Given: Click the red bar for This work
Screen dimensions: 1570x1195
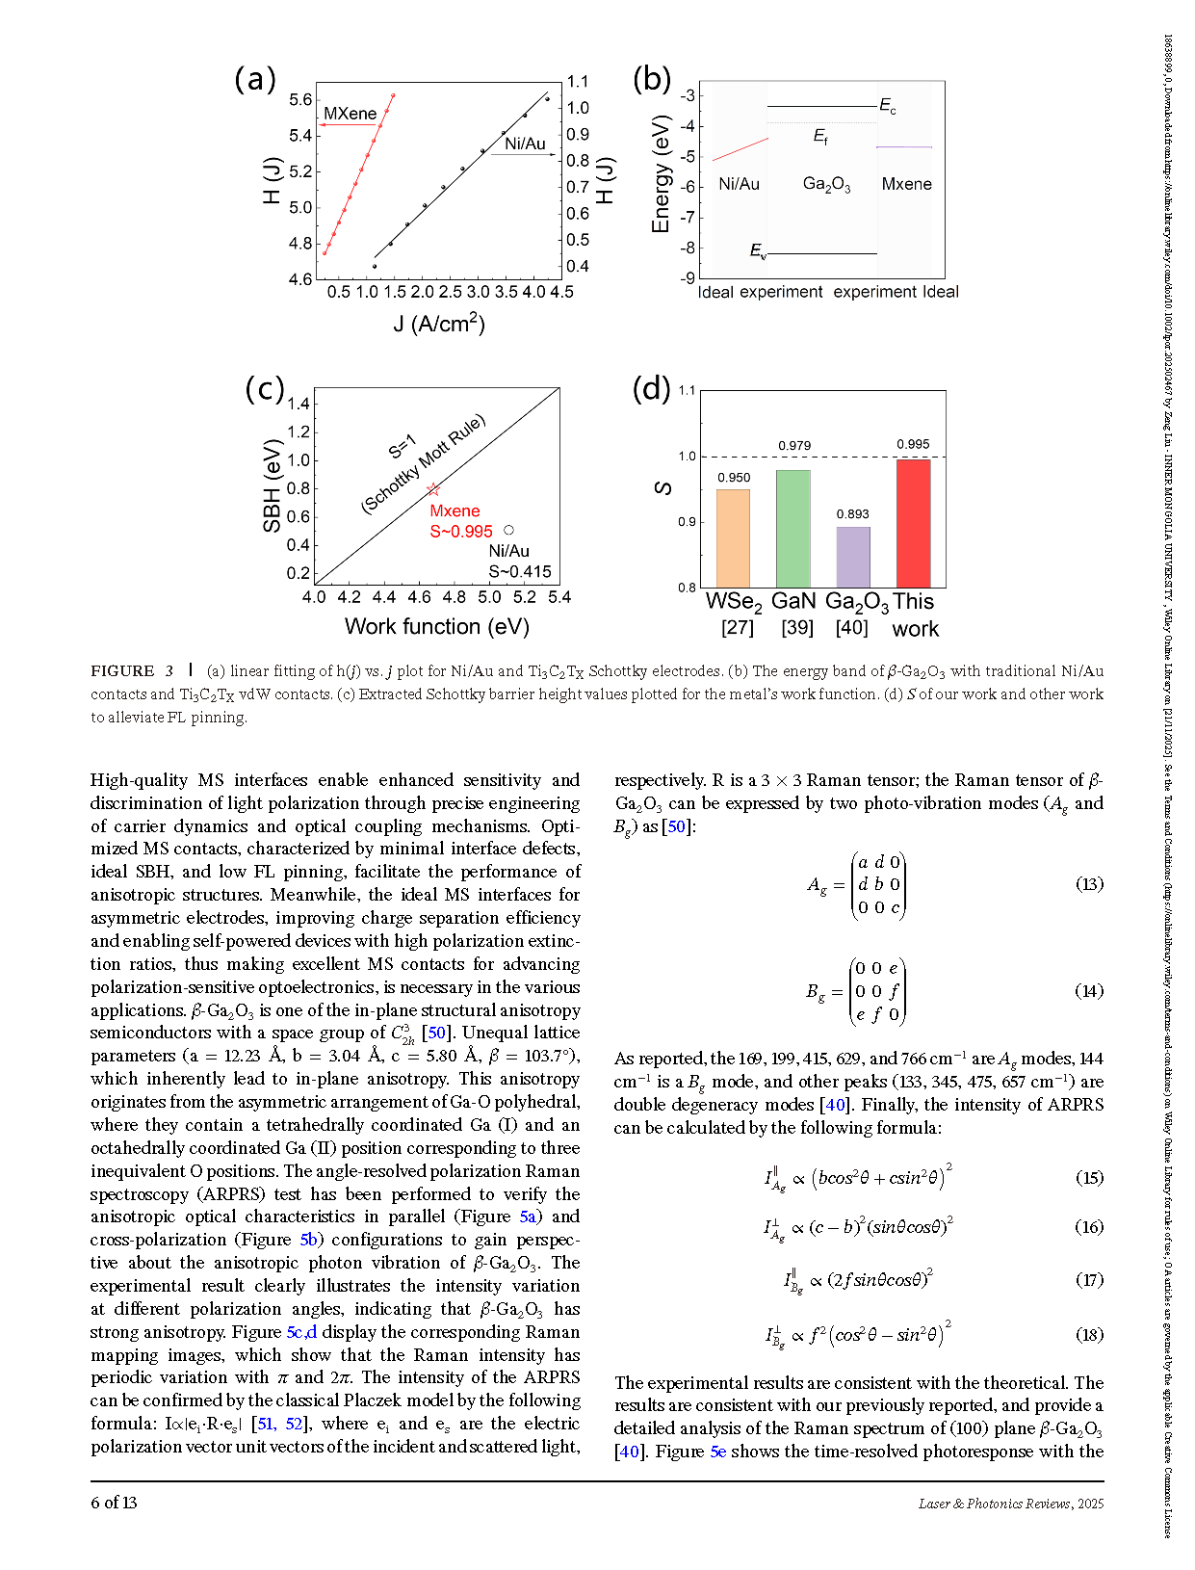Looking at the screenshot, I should click(x=913, y=523).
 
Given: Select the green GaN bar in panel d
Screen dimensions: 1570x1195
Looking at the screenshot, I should click(x=793, y=529).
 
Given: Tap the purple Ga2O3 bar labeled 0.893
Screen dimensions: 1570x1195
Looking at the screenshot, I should click(x=853, y=557).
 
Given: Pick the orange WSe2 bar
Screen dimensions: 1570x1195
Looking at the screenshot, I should click(x=733, y=538).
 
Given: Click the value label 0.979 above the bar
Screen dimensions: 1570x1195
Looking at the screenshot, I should click(x=794, y=445).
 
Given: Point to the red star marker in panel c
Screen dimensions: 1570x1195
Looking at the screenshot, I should click(x=433, y=490).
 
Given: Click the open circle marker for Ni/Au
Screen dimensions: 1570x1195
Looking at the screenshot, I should click(x=508, y=530).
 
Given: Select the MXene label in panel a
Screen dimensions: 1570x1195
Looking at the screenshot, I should click(x=350, y=114).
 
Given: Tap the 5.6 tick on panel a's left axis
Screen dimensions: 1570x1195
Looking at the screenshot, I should click(x=300, y=99).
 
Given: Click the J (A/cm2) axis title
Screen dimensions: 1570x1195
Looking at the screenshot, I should click(x=438, y=323).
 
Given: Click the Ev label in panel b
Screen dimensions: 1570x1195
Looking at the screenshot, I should click(x=759, y=251).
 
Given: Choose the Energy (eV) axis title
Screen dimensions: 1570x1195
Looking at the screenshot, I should click(x=661, y=174).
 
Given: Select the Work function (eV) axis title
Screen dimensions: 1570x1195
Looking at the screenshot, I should click(x=436, y=626).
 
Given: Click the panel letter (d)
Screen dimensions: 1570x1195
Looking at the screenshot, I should click(x=651, y=389).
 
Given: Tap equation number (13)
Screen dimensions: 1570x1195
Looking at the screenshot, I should click(x=1089, y=884).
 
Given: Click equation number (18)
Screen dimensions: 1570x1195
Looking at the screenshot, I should click(x=1089, y=1334).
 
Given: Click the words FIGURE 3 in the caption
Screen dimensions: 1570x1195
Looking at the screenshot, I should click(x=132, y=671).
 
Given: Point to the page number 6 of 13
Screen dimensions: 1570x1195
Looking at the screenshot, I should click(x=114, y=1503).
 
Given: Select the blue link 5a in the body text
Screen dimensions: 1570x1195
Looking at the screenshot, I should click(x=528, y=1217).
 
